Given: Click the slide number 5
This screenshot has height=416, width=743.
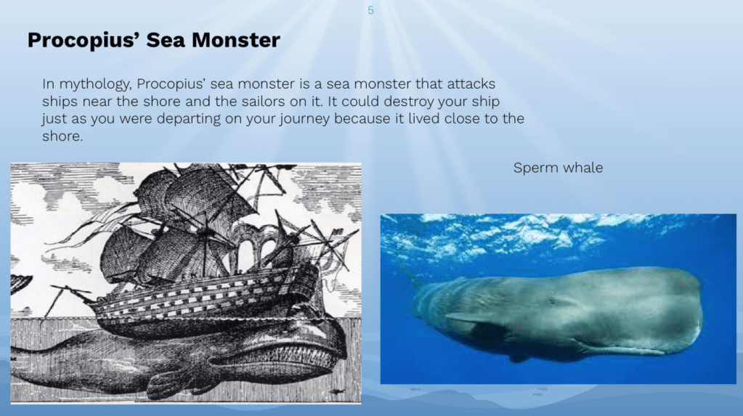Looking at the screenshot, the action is pos(370,10).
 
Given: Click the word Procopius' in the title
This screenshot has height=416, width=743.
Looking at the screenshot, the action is pos(84,40).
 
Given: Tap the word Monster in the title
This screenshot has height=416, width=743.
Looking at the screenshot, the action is pos(235,40).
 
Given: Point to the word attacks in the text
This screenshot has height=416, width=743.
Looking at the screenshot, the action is pos(471,84).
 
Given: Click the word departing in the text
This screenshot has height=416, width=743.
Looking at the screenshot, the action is pos(189,119).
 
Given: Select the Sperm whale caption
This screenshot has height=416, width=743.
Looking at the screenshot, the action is pos(558,168).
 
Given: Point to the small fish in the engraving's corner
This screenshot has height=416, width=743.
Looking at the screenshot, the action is pos(337,391).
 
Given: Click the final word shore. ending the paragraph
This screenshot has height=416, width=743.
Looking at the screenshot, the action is pos(62,136).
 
